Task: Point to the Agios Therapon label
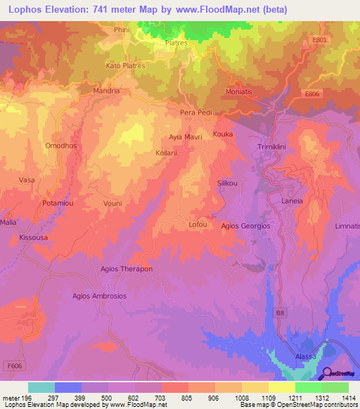point(127,269)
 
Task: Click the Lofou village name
point(198,225)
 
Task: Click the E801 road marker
point(320,41)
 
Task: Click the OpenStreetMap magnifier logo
point(327,374)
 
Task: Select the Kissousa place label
point(34,238)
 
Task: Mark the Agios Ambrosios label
point(99,296)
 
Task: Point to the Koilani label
point(167,152)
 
